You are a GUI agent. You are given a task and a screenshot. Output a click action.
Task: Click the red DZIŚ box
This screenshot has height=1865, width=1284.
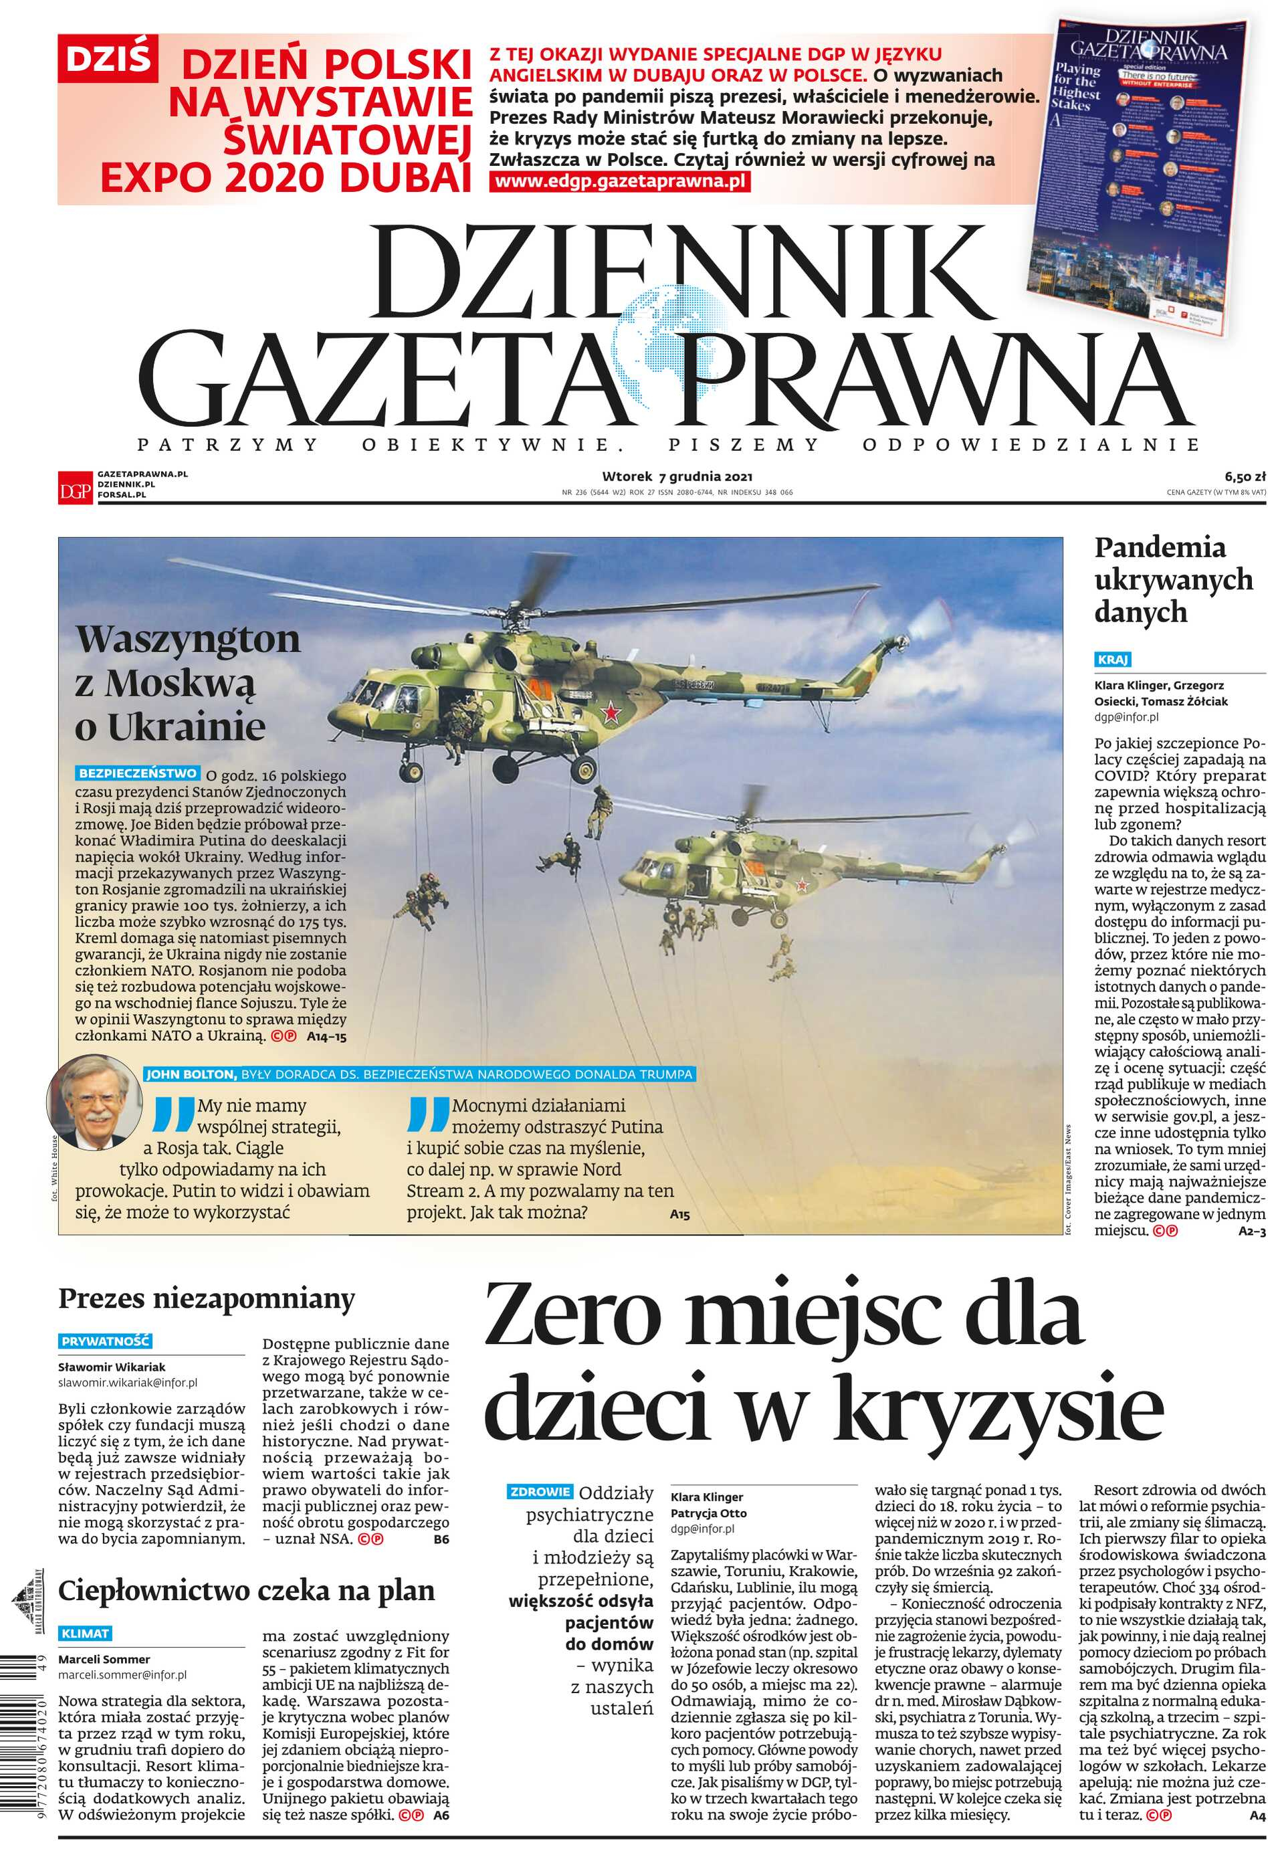pos(107,59)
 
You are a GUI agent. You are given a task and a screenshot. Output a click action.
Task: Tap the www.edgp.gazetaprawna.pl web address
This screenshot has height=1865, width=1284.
pos(621,182)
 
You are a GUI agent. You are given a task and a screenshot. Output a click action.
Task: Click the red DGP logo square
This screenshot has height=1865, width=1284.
pos(76,490)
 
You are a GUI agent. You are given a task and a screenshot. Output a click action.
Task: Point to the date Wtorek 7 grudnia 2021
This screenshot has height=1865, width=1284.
pos(677,476)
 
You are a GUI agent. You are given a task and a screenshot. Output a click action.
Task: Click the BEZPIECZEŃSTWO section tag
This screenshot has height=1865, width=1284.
pos(138,773)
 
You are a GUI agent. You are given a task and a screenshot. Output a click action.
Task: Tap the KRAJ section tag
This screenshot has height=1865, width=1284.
pos(1113,660)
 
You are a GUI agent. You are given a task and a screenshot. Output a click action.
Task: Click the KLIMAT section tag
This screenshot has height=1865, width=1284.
pos(84,1634)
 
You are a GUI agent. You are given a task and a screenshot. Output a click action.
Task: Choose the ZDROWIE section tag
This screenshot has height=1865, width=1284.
pos(539,1492)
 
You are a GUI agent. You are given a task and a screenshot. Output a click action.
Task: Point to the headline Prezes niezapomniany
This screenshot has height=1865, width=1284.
pos(206,1298)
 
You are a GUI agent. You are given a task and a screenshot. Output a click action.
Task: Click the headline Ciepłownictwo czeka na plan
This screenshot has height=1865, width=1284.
pos(246,1591)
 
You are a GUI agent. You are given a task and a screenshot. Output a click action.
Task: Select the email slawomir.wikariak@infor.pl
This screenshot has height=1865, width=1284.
pos(127,1383)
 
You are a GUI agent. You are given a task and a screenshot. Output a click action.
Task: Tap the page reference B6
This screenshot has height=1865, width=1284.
pos(441,1539)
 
